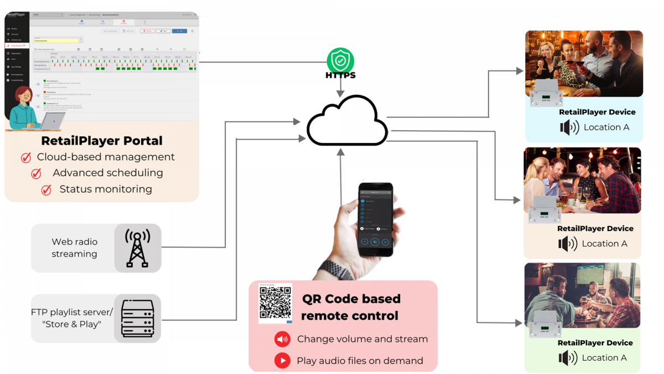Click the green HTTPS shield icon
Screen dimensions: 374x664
(340, 60)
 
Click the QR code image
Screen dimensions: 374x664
(275, 303)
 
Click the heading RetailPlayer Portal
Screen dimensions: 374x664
(101, 140)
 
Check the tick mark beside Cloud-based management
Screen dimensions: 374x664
(26, 157)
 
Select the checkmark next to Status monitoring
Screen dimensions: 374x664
(46, 189)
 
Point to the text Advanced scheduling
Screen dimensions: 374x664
(108, 173)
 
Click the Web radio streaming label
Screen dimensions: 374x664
(74, 248)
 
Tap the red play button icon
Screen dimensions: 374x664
(282, 361)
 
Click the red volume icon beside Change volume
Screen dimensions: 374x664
(282, 339)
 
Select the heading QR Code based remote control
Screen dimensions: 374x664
(350, 307)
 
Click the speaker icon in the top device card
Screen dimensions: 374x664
(569, 127)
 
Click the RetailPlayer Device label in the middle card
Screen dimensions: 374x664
(595, 228)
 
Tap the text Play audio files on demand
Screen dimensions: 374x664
(360, 361)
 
